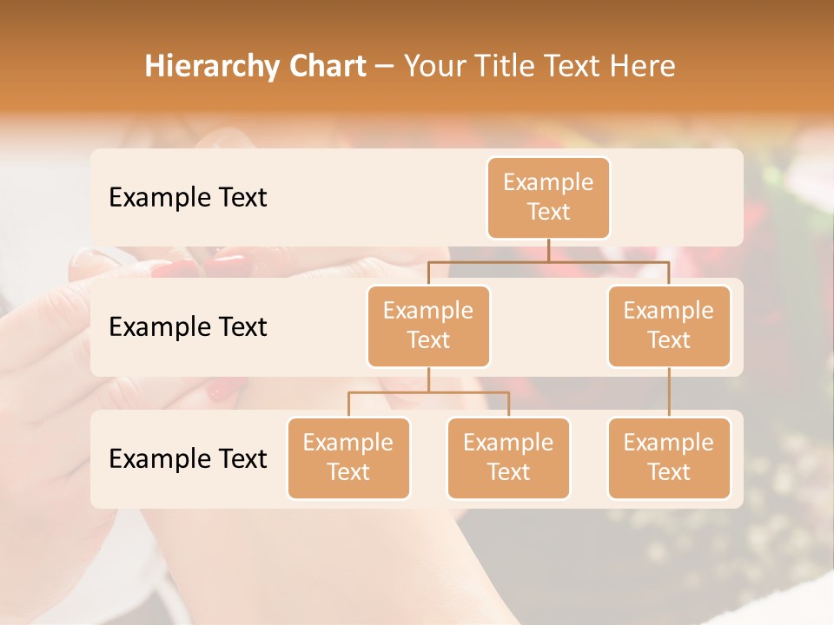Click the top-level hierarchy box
click(x=548, y=198)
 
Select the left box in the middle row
click(x=428, y=326)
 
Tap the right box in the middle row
click(x=669, y=326)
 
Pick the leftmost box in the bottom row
click(x=348, y=457)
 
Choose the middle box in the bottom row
click(x=508, y=457)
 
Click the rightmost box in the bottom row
click(x=669, y=457)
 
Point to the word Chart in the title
click(x=322, y=66)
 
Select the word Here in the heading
click(x=644, y=66)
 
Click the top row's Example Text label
click(x=188, y=197)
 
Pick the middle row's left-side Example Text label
click(x=188, y=326)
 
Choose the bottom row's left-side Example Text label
click(x=188, y=458)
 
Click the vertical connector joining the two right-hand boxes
click(x=669, y=392)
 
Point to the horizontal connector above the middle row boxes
click(x=548, y=260)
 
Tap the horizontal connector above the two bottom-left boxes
click(x=428, y=392)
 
